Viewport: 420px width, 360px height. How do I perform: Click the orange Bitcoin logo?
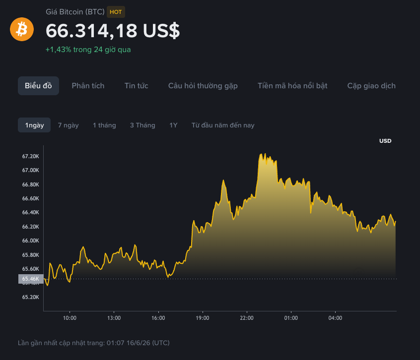(22, 29)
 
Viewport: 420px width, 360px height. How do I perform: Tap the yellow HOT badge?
(116, 12)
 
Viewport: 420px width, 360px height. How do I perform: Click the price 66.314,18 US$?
(113, 31)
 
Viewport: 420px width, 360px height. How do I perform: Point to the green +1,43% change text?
(59, 50)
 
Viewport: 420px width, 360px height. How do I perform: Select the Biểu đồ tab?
(38, 86)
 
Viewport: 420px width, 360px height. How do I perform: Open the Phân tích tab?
(88, 86)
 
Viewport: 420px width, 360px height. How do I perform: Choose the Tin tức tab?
(137, 86)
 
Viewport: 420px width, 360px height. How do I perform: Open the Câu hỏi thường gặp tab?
(203, 86)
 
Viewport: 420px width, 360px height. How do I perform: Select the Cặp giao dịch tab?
(371, 86)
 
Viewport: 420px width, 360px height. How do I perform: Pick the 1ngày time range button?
(34, 125)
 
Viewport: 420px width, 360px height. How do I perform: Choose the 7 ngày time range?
(69, 125)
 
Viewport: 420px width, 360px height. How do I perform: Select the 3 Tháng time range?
(142, 125)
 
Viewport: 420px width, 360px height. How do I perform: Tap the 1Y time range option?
(173, 125)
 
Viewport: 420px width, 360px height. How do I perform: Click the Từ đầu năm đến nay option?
(223, 125)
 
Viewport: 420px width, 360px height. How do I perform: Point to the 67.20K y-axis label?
(31, 156)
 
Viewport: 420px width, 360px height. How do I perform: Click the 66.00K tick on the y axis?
(31, 240)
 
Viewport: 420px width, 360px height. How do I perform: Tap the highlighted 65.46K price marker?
(31, 279)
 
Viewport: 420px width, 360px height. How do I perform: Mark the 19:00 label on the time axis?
(203, 318)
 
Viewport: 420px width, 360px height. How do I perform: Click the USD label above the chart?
(385, 141)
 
